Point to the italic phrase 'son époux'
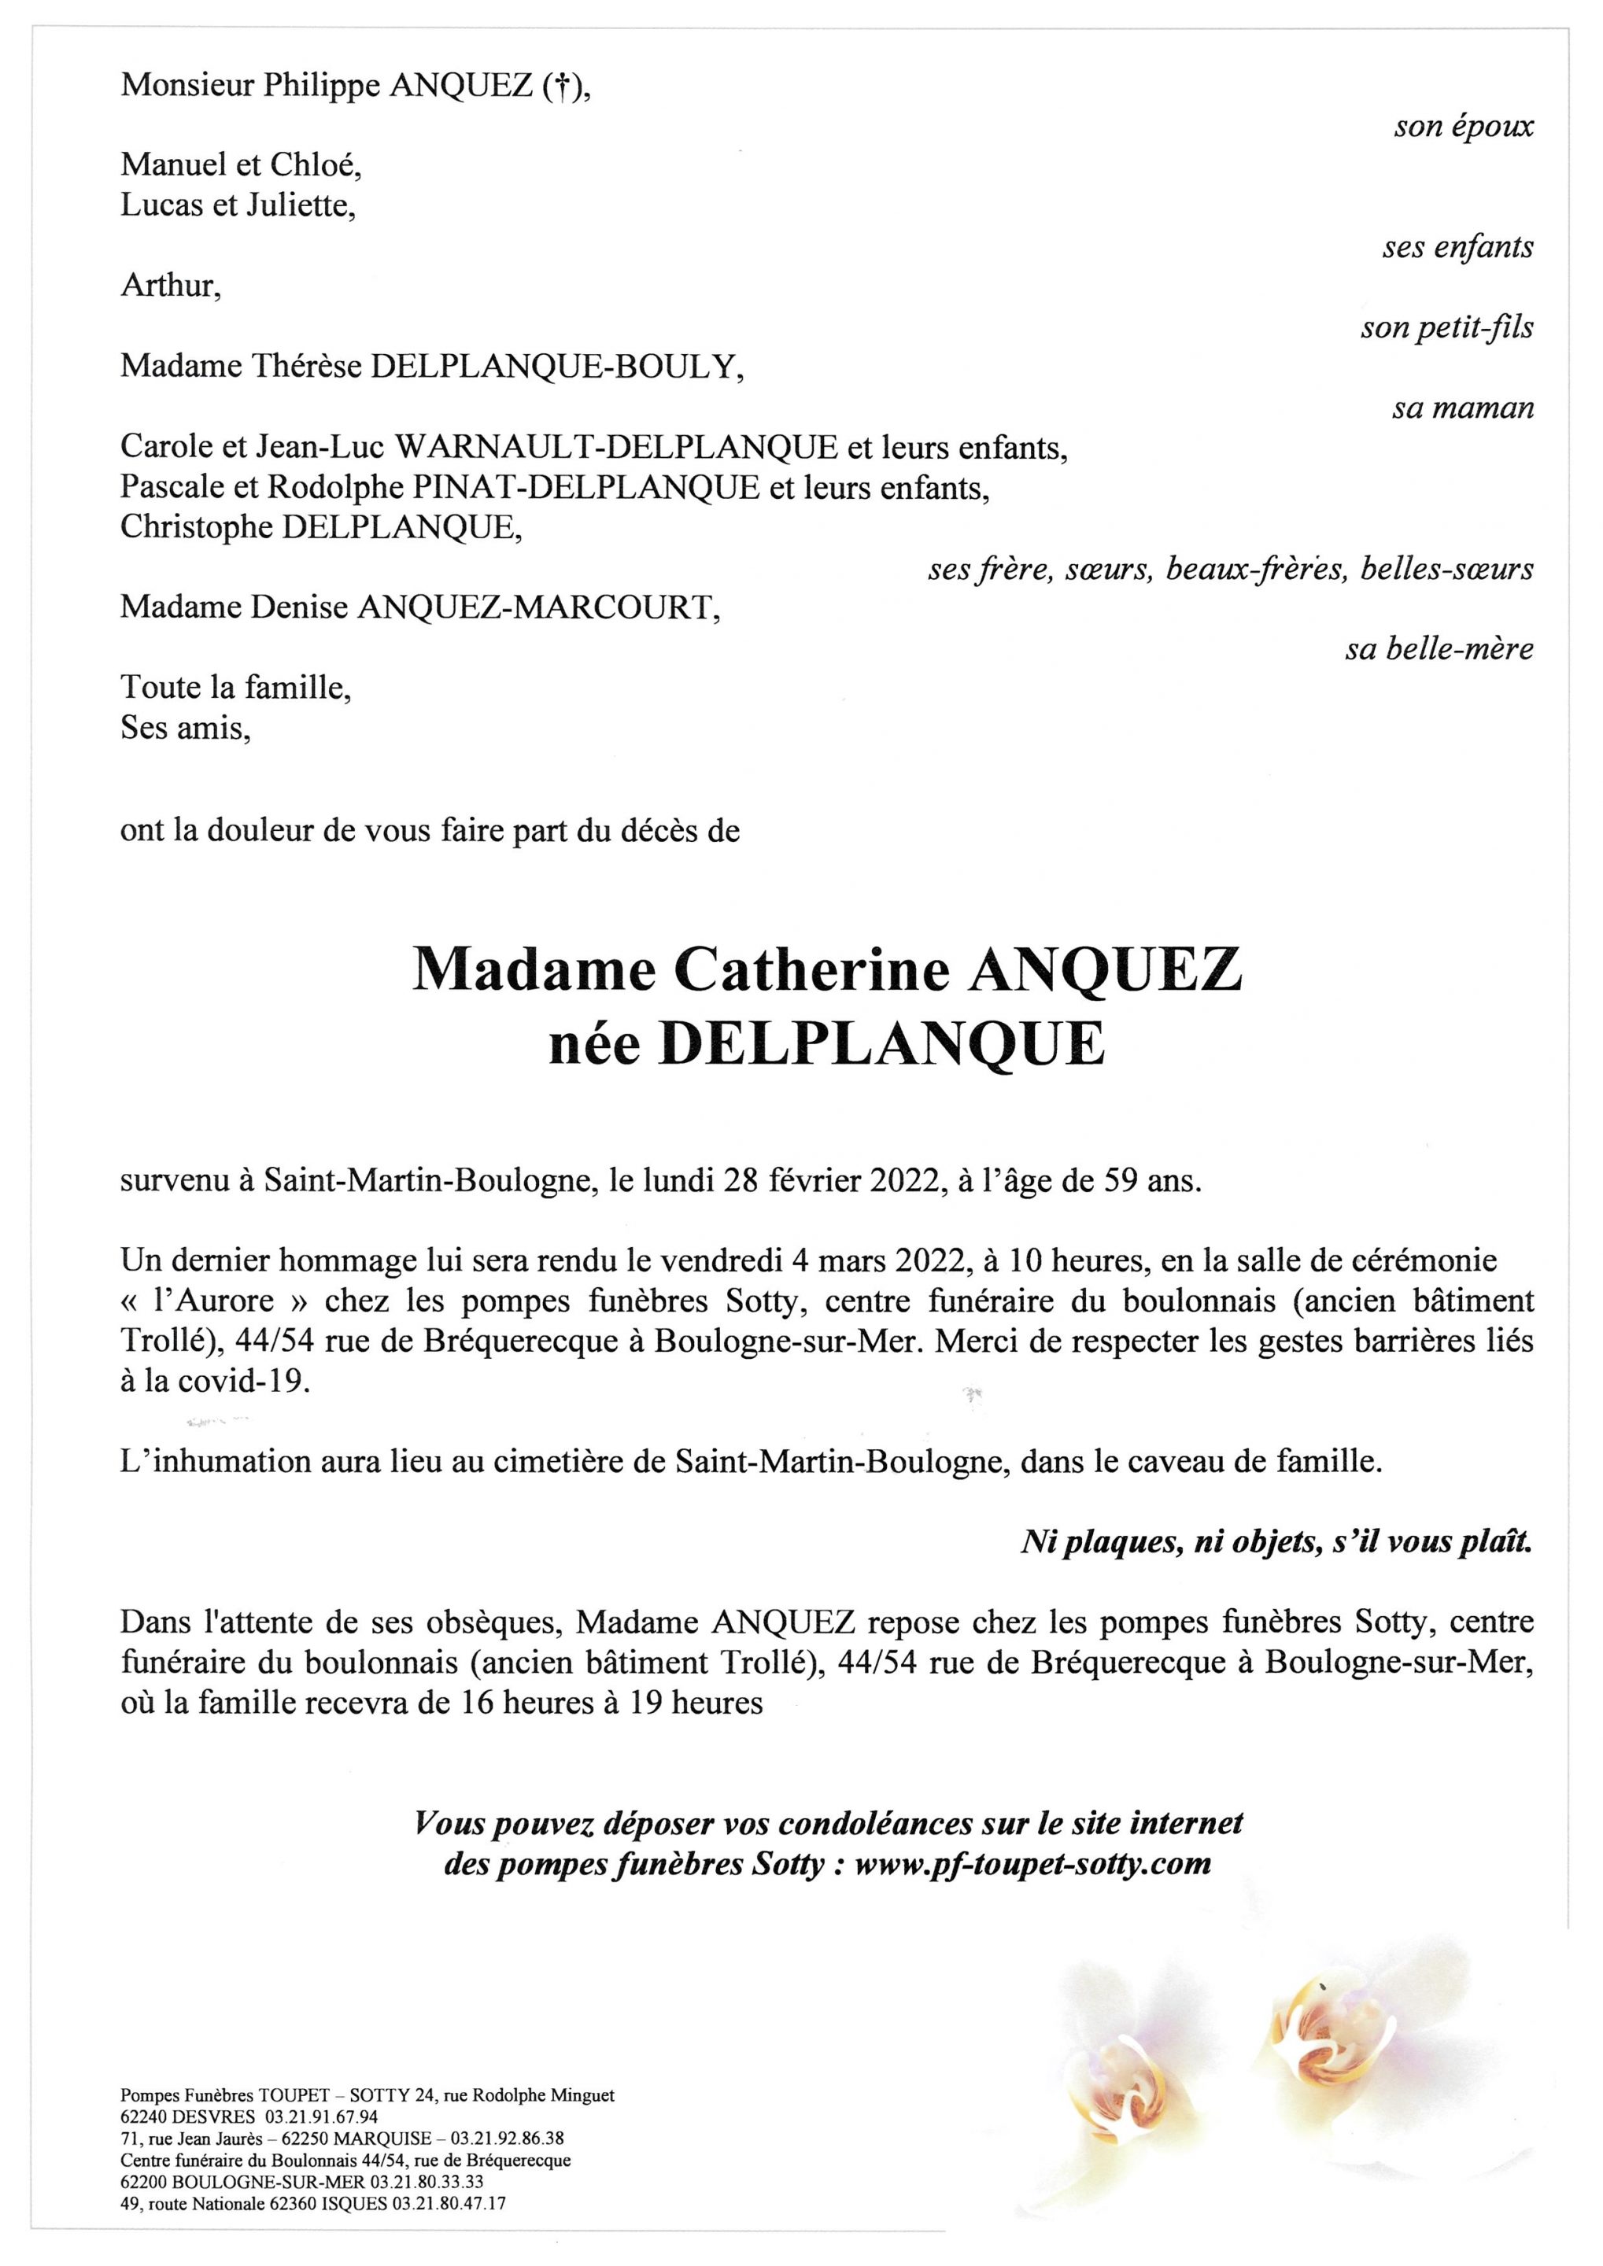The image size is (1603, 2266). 1463,127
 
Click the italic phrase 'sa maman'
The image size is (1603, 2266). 1462,408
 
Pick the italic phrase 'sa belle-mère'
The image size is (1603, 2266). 1439,648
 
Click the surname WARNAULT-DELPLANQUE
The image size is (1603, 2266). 617,448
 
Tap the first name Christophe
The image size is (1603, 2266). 198,527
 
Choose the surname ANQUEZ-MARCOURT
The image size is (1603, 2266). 534,608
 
